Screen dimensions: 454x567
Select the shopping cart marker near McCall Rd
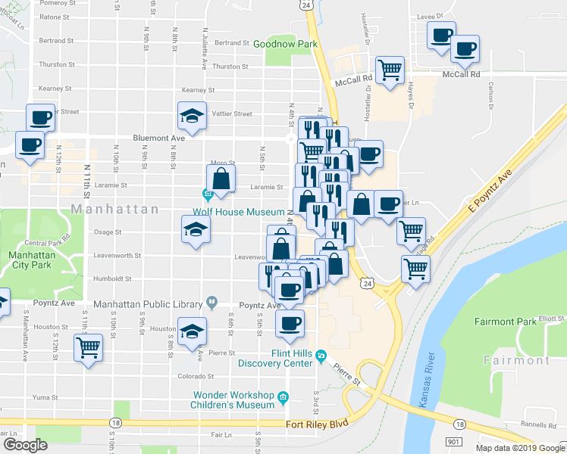click(390, 70)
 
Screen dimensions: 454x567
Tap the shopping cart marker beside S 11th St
click(89, 348)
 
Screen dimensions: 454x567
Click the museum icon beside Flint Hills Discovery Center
click(321, 355)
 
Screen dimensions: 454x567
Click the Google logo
click(25, 445)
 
